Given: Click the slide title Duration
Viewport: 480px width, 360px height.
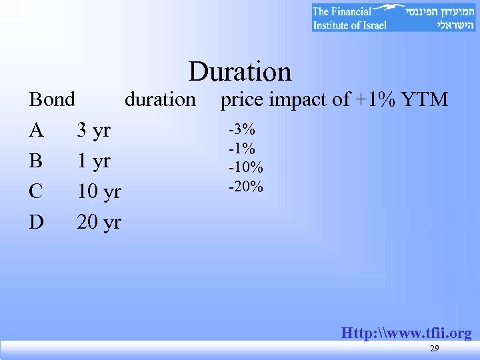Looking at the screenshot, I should click(240, 72).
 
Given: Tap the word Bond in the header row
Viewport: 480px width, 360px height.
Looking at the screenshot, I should click(52, 100).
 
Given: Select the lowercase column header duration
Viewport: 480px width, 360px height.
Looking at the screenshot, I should click(160, 100).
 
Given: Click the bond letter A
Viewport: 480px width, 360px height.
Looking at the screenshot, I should click(37, 130).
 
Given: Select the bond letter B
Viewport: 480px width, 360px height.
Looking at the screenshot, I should click(36, 161).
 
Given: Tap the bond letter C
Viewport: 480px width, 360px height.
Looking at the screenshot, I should click(37, 191).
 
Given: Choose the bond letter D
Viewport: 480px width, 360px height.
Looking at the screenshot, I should click(37, 222).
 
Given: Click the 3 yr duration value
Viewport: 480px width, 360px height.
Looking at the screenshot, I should click(93, 131).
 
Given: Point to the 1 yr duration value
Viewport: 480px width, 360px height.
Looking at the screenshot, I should click(93, 161).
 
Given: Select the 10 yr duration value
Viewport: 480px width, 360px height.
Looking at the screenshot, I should click(99, 192).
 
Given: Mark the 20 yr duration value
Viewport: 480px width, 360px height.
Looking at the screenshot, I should click(99, 222).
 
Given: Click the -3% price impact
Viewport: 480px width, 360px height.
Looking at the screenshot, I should click(242, 129).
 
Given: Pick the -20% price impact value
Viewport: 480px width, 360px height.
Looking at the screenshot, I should click(245, 186).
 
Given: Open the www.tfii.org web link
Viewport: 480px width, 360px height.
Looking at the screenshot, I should click(406, 333).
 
